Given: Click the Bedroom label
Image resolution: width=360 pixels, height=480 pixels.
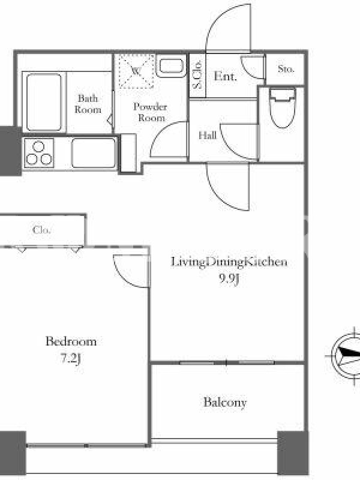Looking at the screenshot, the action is pos(71,341).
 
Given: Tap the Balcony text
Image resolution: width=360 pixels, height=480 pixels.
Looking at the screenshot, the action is pos(225,402).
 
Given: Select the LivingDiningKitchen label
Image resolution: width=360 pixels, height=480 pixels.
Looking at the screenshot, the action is pos(229,262).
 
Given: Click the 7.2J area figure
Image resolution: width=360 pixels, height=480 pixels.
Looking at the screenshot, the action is pos(71,358).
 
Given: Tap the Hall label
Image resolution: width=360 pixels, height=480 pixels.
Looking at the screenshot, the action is pos(208,136).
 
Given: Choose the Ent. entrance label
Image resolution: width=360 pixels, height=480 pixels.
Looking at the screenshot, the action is pos(226,76).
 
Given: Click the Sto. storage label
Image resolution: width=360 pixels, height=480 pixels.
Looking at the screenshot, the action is pos(286,69).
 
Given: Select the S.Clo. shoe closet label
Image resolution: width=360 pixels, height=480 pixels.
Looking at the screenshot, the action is pos(198,74).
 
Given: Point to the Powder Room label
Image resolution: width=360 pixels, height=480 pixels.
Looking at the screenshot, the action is pos(151,112).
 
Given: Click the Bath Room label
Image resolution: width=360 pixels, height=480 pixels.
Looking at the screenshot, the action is pos(88,104).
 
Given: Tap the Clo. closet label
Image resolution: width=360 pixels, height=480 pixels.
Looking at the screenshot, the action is pos(41,230).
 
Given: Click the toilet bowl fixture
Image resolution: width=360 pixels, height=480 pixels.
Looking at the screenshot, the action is pos(283,108).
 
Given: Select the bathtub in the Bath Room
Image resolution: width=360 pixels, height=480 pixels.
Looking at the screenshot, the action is pos(44,102).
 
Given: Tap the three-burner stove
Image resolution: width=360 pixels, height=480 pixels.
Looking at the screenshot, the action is pos(39,153).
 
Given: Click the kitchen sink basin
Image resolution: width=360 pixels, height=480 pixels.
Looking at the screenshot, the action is pos(94,153).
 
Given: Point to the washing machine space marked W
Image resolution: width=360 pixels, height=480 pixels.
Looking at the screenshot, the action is pos(136,71).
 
